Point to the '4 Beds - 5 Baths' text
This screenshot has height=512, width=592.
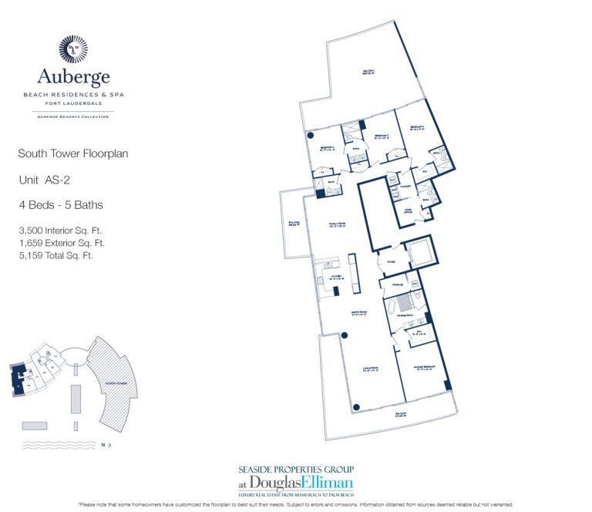click(x=61, y=205)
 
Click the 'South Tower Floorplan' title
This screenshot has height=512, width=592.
click(x=72, y=154)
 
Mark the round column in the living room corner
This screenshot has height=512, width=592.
click(x=355, y=407)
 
